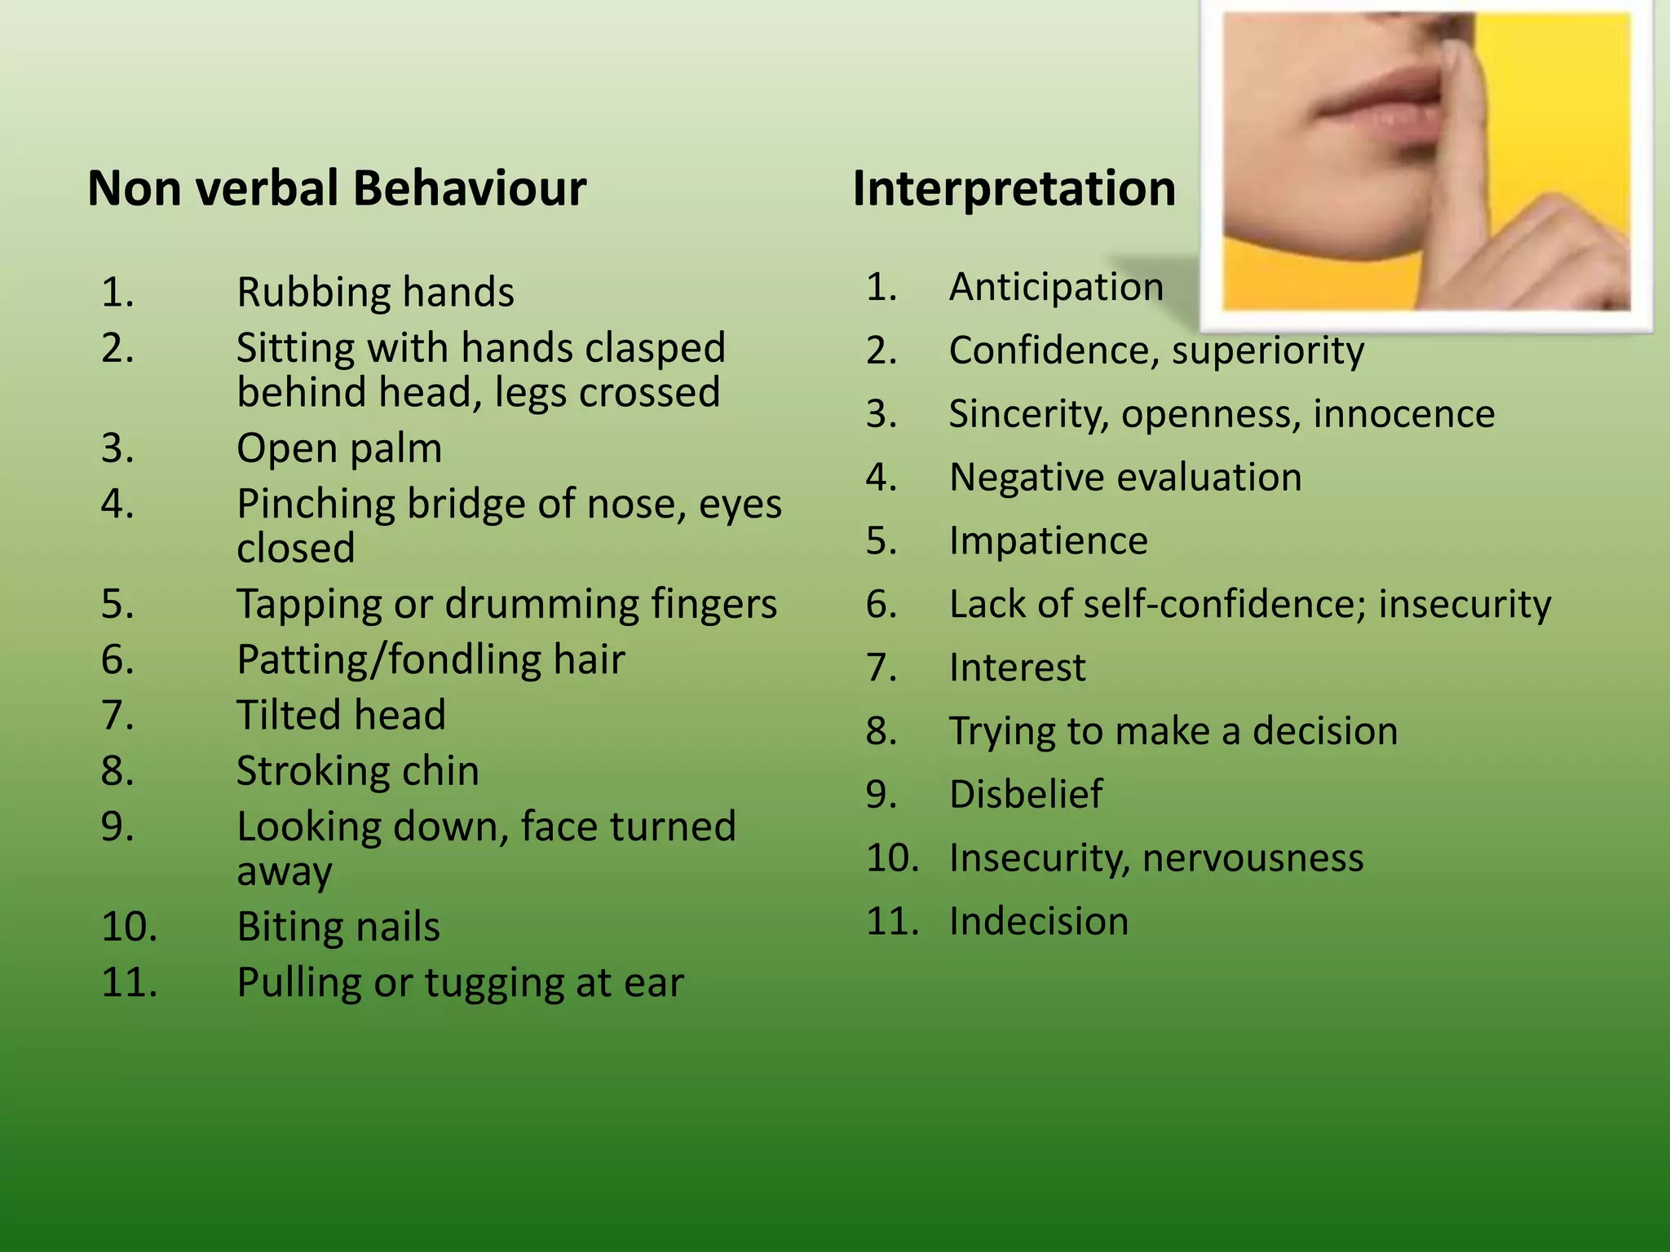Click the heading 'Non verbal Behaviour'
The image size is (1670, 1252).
337,189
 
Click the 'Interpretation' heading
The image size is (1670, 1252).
1014,189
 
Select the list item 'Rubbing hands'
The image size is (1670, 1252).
375,292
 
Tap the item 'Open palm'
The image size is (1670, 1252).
339,448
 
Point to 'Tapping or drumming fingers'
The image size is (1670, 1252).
506,605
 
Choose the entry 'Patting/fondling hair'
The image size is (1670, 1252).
431,659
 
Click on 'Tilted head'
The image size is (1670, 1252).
341,715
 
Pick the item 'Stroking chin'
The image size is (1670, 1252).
357,771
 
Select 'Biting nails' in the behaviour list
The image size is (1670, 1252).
338,927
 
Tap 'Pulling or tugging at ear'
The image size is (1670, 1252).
460,982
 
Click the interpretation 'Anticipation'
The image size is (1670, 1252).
1056,287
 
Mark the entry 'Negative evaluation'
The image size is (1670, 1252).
1125,478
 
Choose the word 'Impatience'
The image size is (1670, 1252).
1049,541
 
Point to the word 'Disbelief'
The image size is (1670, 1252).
1026,795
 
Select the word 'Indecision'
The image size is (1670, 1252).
1039,922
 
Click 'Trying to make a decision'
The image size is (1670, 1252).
1173,731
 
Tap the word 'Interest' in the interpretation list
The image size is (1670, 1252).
1018,668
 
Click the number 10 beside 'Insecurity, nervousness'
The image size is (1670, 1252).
892,858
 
